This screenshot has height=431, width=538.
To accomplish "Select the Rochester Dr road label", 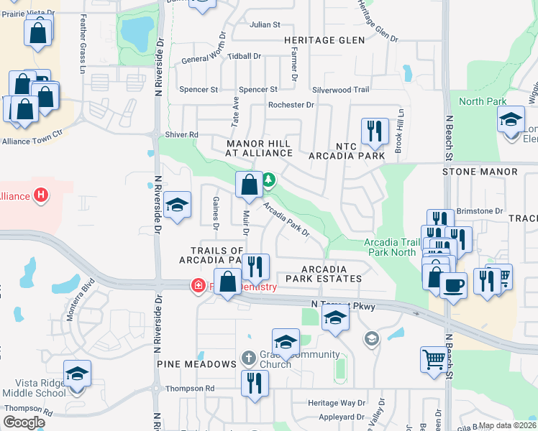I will pyautogui.click(x=291, y=105).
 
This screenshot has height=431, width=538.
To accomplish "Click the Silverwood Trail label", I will pyautogui.click(x=340, y=90).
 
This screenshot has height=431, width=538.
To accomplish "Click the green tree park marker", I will pyautogui.click(x=268, y=179).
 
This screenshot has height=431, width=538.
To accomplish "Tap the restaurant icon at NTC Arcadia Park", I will pyautogui.click(x=374, y=131).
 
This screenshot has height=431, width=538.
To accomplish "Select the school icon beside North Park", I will pyautogui.click(x=511, y=119).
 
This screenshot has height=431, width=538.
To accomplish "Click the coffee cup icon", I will pyautogui.click(x=453, y=285).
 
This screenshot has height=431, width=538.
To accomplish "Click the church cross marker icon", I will pyautogui.click(x=248, y=358).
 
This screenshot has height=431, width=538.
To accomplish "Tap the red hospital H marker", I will pyautogui.click(x=42, y=195).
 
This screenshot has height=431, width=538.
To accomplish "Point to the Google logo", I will pyautogui.click(x=24, y=422).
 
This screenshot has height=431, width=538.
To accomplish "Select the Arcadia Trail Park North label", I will pyautogui.click(x=391, y=247).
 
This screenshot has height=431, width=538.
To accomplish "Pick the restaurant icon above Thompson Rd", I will pyautogui.click(x=252, y=382).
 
